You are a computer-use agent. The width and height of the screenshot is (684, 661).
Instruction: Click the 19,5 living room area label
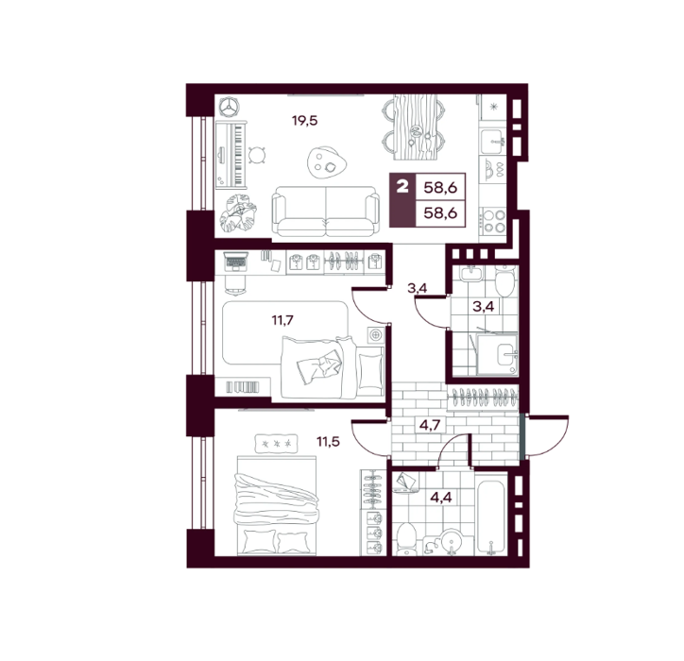click(304, 121)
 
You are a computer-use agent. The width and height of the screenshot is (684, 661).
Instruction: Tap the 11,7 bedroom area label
click(282, 320)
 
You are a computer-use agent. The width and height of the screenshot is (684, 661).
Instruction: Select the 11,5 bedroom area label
click(328, 442)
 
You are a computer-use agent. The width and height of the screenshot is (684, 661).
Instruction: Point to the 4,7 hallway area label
click(430, 425)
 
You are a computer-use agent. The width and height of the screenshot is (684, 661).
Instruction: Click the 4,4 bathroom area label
click(441, 497)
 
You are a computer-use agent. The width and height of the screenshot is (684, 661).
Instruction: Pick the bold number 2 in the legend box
click(402, 187)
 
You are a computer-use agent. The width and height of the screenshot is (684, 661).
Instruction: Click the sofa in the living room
click(326, 211)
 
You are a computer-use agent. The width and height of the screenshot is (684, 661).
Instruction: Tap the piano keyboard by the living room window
click(231, 155)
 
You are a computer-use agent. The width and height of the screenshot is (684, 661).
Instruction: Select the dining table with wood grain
click(415, 127)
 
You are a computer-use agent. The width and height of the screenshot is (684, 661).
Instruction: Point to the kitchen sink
click(493, 142)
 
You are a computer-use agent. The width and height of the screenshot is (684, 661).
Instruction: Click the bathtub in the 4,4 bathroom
click(491, 517)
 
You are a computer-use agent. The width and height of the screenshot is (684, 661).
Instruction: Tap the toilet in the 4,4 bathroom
click(406, 538)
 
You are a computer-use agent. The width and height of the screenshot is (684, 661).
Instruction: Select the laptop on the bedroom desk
click(235, 262)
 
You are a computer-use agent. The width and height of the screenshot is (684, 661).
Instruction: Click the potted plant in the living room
click(238, 212)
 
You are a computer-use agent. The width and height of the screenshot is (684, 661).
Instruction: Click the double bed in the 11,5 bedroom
click(276, 506)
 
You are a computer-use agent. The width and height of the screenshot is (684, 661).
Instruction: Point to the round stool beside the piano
click(257, 154)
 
